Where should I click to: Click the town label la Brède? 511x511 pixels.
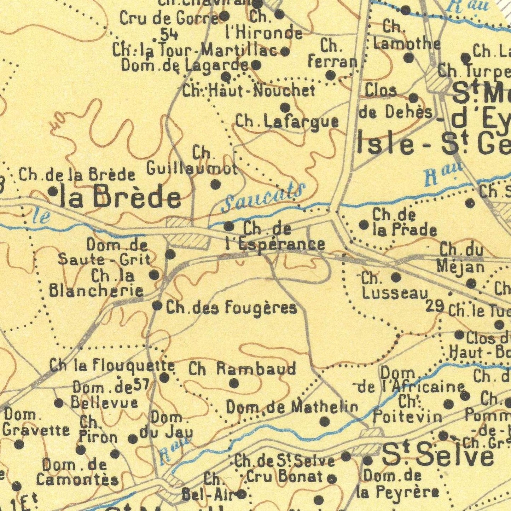point(120,197)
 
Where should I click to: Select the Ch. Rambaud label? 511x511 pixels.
point(242,369)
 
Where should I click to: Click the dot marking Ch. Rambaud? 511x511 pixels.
point(234,383)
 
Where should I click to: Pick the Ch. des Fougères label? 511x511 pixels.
point(232,308)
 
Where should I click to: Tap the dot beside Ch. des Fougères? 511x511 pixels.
point(157,306)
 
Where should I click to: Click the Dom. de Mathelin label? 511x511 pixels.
point(292,407)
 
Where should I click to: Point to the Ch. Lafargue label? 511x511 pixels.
point(287,122)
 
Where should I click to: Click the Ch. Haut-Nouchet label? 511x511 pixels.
point(249,91)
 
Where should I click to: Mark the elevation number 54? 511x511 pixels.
point(169,34)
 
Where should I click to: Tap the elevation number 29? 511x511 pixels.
point(435,306)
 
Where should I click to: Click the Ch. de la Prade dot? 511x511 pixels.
point(364,224)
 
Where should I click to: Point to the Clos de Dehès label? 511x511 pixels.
point(395,102)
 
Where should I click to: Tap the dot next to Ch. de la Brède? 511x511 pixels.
point(53,191)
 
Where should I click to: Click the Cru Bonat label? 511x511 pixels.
point(285,477)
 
